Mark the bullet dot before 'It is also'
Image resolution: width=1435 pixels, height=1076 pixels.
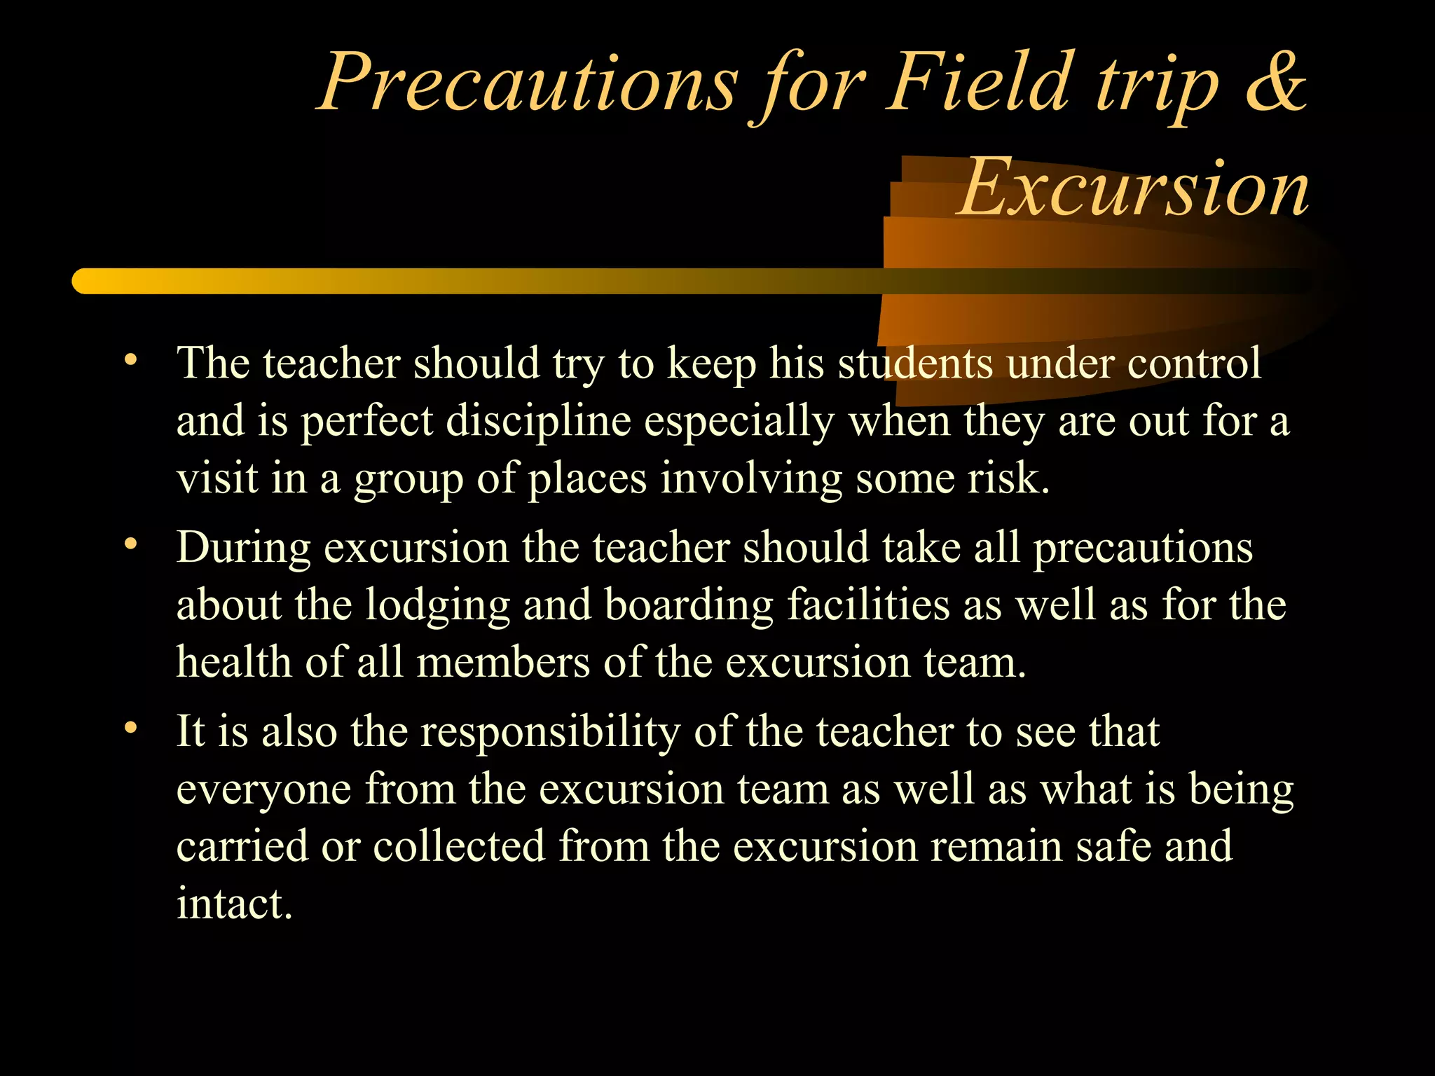pos(130,729)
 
